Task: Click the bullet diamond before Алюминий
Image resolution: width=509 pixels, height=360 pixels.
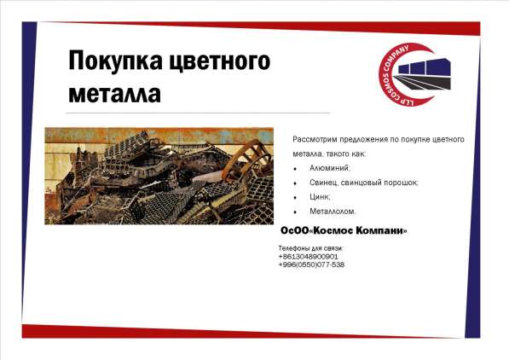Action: [294, 169]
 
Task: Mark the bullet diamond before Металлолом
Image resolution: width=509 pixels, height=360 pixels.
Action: [294, 212]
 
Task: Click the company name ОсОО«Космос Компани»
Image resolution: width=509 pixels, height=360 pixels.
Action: [344, 231]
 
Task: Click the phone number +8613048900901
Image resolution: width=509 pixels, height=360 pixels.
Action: [308, 256]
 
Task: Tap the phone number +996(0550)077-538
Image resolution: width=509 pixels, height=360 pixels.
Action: [311, 264]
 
